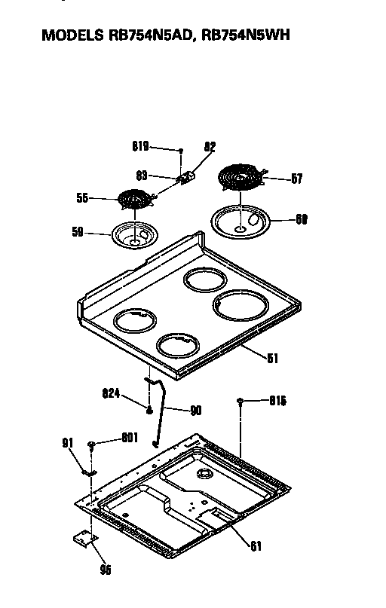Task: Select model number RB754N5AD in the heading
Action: (x=151, y=35)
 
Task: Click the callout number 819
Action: (x=140, y=147)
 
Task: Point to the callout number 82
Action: (x=210, y=147)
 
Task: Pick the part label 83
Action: (x=142, y=175)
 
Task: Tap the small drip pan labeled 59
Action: (x=133, y=234)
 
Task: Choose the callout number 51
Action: (x=272, y=359)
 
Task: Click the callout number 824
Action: (x=112, y=393)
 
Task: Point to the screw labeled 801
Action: (x=91, y=445)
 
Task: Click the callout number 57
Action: (x=296, y=179)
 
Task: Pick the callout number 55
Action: (x=83, y=198)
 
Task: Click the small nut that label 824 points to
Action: (x=151, y=409)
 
